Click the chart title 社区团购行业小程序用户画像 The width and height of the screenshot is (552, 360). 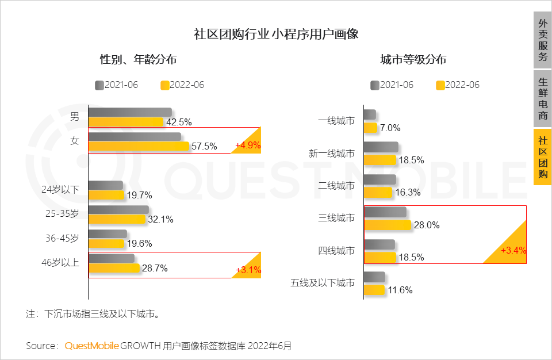(x=276, y=33)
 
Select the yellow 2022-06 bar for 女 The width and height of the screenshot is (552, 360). (x=139, y=147)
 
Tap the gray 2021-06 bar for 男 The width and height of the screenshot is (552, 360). (x=130, y=112)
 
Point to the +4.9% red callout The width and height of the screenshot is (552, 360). (x=248, y=145)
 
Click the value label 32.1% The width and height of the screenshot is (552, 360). (x=160, y=219)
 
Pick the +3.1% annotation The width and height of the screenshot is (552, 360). (x=248, y=270)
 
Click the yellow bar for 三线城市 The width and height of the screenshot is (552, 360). (x=388, y=225)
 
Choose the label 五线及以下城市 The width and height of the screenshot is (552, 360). (x=323, y=283)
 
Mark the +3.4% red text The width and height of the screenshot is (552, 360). (x=513, y=251)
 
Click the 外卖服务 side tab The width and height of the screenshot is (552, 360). (x=542, y=40)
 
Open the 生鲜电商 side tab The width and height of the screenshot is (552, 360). (x=542, y=99)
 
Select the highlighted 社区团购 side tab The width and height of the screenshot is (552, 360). (x=542, y=157)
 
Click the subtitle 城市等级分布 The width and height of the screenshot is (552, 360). (x=413, y=59)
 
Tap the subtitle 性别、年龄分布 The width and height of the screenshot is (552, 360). (x=138, y=59)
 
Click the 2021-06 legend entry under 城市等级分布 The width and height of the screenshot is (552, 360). (x=392, y=85)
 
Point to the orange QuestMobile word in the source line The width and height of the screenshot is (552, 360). (x=91, y=346)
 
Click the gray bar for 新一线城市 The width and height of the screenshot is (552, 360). (x=381, y=147)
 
